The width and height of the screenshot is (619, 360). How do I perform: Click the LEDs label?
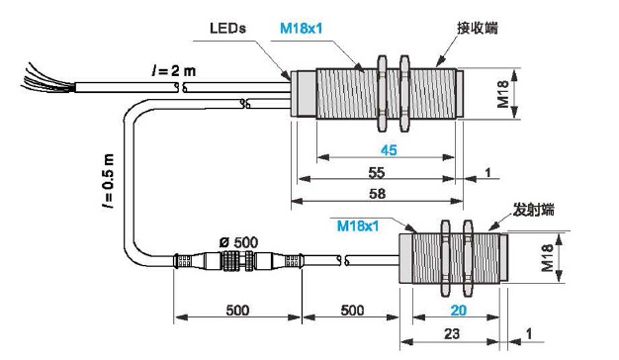[x=227, y=28]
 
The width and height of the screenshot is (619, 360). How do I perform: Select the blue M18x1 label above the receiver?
[x=302, y=28]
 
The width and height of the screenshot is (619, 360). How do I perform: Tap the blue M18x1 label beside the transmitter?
[x=358, y=225]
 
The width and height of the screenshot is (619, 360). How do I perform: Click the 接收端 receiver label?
[x=478, y=28]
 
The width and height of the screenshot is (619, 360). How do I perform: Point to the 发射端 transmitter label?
[x=533, y=210]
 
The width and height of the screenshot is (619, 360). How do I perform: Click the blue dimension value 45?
[x=389, y=150]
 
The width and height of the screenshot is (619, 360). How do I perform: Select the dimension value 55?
[x=376, y=172]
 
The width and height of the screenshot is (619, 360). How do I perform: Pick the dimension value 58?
[x=377, y=194]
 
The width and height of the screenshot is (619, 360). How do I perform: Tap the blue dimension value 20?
[x=459, y=311]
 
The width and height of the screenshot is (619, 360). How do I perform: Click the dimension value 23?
[x=452, y=334]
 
